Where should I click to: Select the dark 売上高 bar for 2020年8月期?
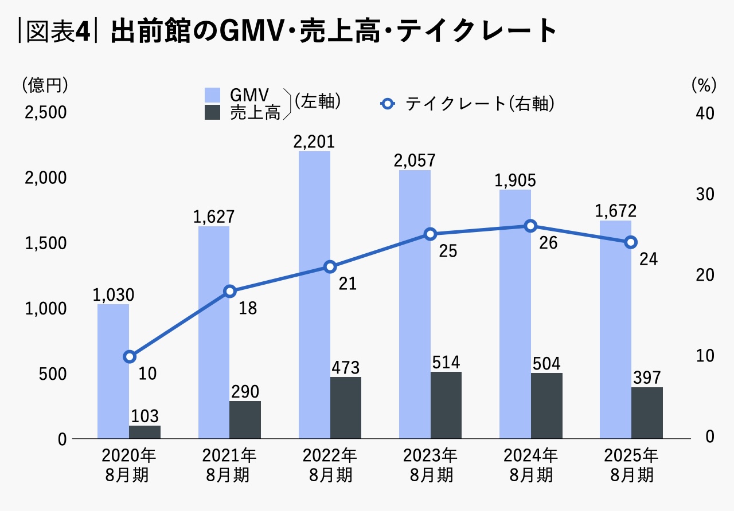click(x=145, y=432)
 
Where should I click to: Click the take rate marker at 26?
click(x=530, y=226)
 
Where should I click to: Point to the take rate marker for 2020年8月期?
click(x=130, y=357)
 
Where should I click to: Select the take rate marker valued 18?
click(x=230, y=292)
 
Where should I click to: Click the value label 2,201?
click(x=314, y=142)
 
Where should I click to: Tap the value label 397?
click(x=647, y=378)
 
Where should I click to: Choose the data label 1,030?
click(x=113, y=295)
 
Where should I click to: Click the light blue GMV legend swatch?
click(x=213, y=95)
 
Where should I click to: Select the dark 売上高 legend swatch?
click(x=213, y=112)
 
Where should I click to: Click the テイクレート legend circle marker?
click(x=388, y=104)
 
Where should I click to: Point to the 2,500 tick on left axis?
click(x=46, y=113)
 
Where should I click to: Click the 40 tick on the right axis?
click(x=704, y=113)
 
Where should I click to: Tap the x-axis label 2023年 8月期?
click(x=430, y=465)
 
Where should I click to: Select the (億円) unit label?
click(x=45, y=85)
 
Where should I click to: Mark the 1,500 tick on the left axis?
click(x=46, y=243)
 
